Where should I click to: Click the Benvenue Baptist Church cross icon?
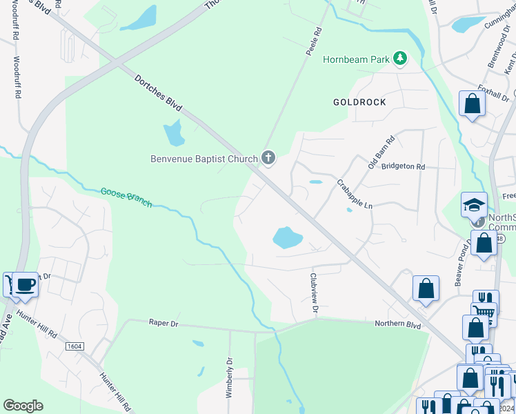coord(268,159)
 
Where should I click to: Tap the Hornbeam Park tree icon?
coord(399,59)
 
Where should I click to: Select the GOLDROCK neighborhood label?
coord(359,102)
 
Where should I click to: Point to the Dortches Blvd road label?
coord(158,95)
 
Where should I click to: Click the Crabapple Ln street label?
coord(354,195)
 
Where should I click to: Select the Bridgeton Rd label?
coord(403,166)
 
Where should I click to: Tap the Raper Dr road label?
coord(163,322)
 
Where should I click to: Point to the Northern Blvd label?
coord(397,324)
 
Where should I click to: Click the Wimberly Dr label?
coord(230,377)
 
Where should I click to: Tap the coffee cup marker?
coord(25,284)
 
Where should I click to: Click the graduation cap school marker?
coord(474,204)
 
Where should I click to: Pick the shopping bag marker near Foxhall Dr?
coord(473,104)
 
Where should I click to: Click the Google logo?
coord(23,406)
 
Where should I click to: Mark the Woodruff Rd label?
coord(17,77)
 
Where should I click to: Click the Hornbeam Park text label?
coord(356,59)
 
